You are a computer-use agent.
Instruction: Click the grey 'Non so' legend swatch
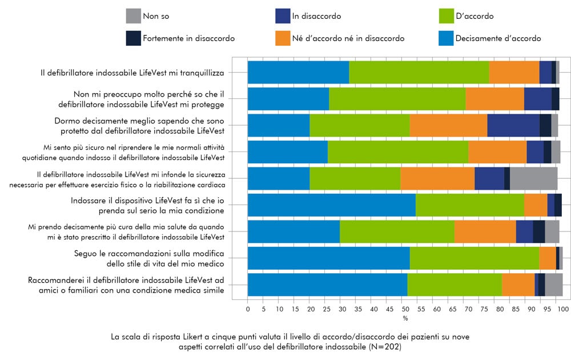click(132, 16)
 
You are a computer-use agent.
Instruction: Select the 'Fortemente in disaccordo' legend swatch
click(132, 38)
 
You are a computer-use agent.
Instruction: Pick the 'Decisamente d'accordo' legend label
click(498, 38)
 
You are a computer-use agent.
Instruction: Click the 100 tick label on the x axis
click(562, 309)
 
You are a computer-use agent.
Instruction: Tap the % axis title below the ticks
click(405, 318)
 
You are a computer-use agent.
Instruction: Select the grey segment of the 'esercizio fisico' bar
click(533, 179)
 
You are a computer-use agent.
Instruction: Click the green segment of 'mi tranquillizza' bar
click(419, 72)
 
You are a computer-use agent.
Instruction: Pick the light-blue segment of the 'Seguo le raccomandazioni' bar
click(328, 258)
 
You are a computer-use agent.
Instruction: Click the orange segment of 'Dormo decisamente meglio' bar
click(448, 125)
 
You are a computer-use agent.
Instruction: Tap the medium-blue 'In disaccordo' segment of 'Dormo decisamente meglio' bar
click(513, 125)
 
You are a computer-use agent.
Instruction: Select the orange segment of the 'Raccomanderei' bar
click(518, 285)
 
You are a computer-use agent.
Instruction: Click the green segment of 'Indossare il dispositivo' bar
click(470, 205)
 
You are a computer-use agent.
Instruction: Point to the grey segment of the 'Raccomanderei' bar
click(553, 285)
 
